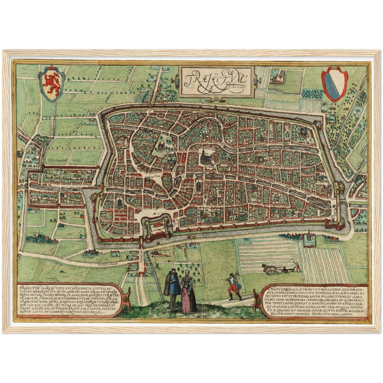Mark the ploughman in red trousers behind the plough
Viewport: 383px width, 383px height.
click(x=298, y=266)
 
